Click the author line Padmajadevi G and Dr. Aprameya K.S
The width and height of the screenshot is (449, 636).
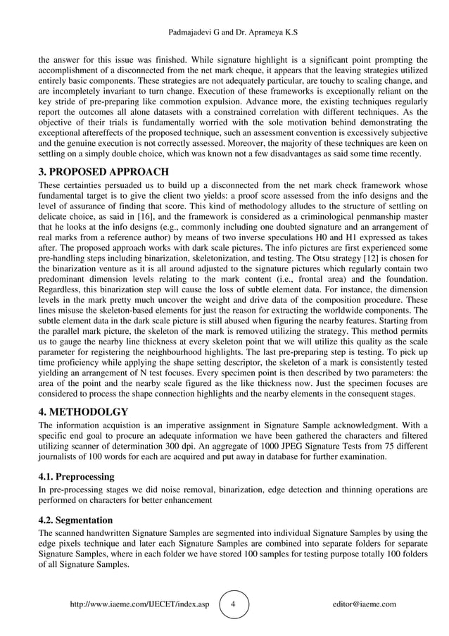pos(224,33)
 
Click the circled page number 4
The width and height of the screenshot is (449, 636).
pos(234,604)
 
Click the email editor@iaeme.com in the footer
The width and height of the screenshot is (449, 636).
pos(363,604)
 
